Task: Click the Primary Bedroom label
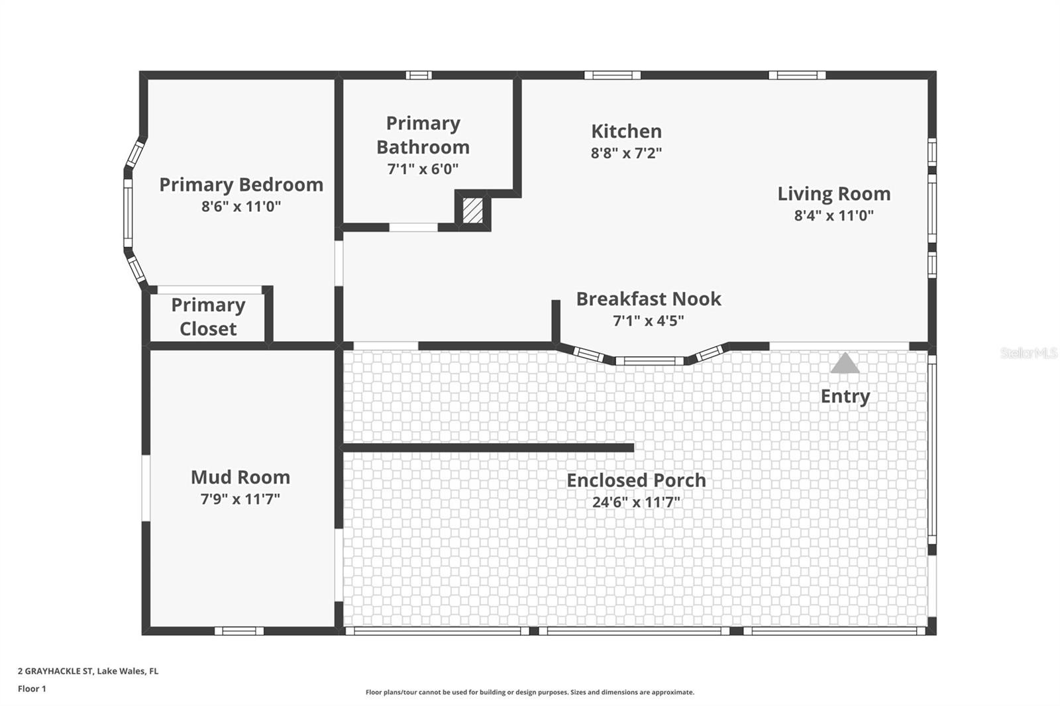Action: (241, 185)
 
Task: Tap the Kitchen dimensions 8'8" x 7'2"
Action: (626, 153)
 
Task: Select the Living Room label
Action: (833, 194)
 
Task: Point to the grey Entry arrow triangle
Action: (845, 364)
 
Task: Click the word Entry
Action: (845, 396)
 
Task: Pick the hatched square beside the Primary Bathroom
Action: (472, 211)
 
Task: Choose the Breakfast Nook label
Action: (648, 299)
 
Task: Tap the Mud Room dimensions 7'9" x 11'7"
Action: (240, 499)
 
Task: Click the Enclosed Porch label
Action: (636, 480)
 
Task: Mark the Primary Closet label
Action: (208, 317)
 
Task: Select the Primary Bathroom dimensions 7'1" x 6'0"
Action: (423, 169)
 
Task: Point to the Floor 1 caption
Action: (32, 689)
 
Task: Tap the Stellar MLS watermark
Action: (1028, 353)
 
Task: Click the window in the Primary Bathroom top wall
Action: (419, 76)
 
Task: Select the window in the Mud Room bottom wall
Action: (239, 631)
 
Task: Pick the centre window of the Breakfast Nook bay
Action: (650, 361)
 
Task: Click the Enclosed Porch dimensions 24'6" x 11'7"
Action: (636, 502)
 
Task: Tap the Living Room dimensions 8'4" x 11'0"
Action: (833, 215)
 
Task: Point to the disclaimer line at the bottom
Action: (530, 692)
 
